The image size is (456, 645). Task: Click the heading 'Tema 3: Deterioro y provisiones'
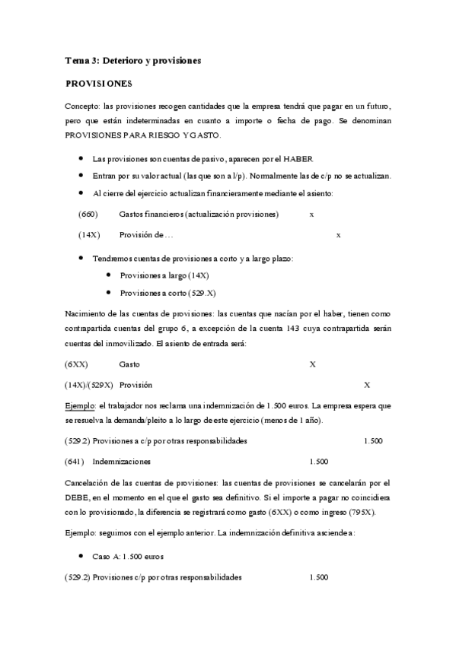132,59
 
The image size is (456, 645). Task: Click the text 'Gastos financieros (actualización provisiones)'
199,214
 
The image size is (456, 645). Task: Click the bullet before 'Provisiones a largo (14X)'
100,274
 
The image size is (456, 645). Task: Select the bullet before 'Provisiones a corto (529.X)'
100,292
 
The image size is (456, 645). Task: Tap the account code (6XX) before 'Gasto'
76,364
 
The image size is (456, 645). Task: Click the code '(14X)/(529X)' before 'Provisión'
89,385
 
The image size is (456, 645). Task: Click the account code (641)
77,461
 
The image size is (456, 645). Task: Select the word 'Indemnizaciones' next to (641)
121,461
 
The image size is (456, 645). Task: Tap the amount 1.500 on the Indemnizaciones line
318,461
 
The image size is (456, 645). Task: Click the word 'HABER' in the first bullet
298,158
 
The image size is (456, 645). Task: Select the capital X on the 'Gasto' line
312,364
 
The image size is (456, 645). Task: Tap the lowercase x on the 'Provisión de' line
338,235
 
